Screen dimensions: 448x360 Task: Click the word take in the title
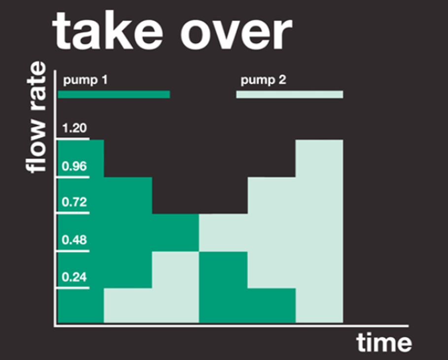point(108,31)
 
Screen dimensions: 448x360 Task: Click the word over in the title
point(236,34)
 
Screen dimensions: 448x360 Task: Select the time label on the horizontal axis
point(384,342)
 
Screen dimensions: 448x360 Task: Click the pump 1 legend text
point(85,80)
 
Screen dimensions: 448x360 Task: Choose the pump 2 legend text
point(263,80)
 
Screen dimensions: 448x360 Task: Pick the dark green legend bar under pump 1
point(114,94)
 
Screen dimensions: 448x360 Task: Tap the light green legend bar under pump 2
point(290,94)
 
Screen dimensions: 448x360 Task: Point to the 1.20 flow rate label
point(74,128)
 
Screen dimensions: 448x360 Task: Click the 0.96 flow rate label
point(74,166)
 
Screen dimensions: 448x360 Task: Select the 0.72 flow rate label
point(74,202)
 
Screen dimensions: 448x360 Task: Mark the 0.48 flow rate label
point(74,240)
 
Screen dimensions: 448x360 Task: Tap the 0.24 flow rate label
point(74,277)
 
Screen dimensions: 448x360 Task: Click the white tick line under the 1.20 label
point(73,139)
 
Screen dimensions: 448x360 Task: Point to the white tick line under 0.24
point(73,288)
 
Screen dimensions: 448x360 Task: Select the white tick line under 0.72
point(73,213)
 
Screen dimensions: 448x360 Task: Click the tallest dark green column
point(81,231)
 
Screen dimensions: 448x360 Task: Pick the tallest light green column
point(319,231)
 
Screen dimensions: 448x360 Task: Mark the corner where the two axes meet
point(55,326)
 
